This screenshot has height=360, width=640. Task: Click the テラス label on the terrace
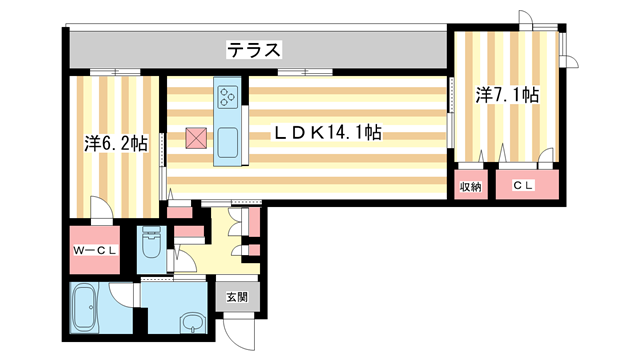[252, 49]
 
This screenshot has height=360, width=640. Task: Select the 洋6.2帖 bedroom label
[116, 144]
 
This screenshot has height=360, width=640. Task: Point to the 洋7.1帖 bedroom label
[507, 95]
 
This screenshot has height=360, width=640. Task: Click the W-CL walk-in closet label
[95, 251]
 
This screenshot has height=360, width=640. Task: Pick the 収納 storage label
[471, 186]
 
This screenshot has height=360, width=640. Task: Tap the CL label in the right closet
[523, 186]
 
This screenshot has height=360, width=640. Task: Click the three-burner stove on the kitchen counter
[227, 98]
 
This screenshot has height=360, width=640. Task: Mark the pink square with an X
[195, 138]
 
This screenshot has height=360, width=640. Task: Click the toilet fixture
[152, 245]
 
